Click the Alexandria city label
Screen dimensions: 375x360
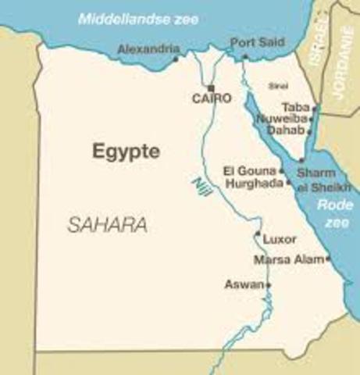[148, 48]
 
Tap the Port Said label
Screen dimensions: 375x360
[252, 43]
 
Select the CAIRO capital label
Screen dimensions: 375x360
[212, 98]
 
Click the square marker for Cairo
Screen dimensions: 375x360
[211, 87]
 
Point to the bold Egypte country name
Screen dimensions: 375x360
[126, 151]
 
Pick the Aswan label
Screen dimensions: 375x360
[244, 284]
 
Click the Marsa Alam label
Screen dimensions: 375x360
[288, 259]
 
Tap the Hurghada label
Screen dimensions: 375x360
[255, 183]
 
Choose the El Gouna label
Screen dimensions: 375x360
[249, 170]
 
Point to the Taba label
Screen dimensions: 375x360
[298, 109]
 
